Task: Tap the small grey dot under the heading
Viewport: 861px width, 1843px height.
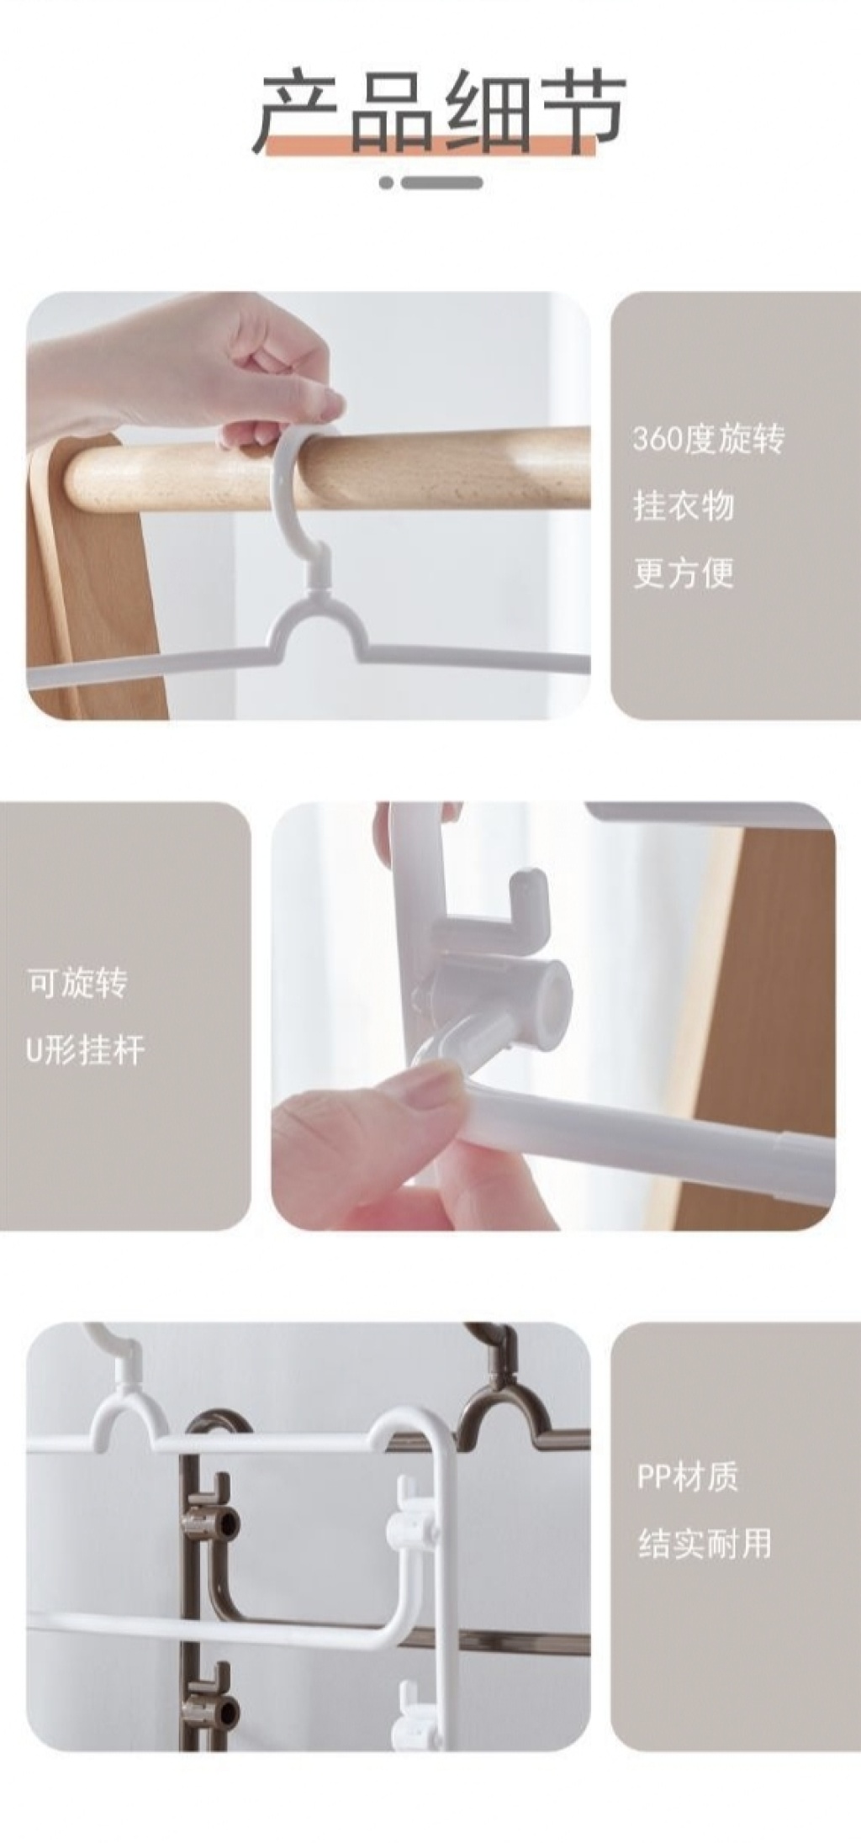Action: point(386,182)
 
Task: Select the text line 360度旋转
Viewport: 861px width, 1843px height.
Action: point(708,439)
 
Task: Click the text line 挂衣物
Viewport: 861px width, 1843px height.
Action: point(684,506)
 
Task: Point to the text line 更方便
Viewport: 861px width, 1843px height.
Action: point(684,573)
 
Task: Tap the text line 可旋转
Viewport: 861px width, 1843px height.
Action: point(77,983)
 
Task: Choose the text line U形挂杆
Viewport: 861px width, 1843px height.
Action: point(85,1050)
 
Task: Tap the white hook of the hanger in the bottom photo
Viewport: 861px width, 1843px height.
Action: point(114,1352)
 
